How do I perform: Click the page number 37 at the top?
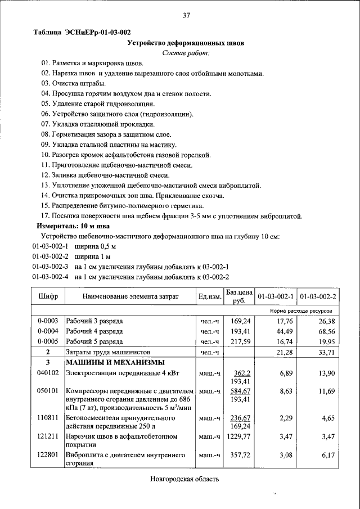coord(186,15)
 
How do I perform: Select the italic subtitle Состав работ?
coord(186,53)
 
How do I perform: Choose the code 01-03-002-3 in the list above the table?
coord(50,266)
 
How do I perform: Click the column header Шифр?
coord(48,296)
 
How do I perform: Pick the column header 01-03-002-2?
coord(318,296)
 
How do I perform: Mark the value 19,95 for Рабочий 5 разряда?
coord(327,341)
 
